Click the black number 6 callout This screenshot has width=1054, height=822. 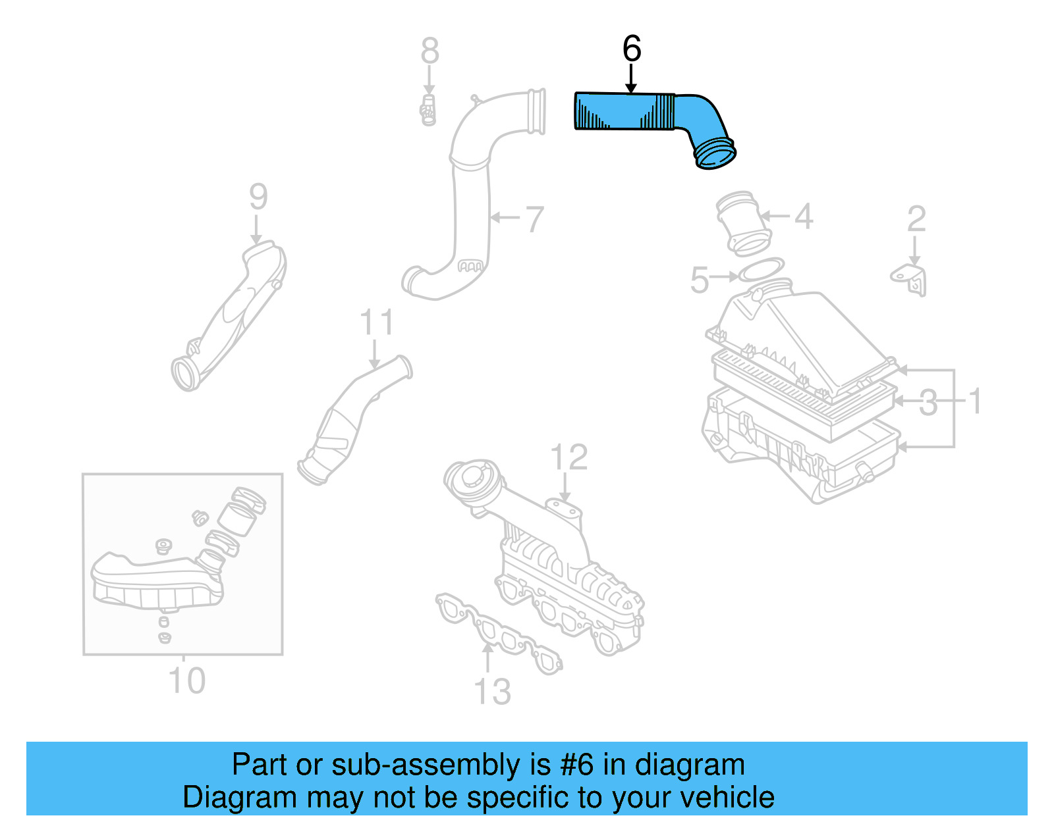pos(631,49)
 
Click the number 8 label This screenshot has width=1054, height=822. pos(430,51)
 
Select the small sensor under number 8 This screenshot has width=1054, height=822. pos(428,111)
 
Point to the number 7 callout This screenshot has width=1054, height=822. pos(534,219)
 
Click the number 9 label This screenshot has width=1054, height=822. pos(258,197)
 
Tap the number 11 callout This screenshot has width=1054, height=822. pos(376,323)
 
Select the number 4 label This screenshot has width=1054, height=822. pos(803,217)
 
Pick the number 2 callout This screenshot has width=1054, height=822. pos(916,219)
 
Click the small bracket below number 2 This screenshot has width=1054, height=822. pos(911,279)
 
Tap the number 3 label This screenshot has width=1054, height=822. pos(928,403)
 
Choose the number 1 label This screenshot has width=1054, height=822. pos(976,401)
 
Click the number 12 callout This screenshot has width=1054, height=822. pos(569,457)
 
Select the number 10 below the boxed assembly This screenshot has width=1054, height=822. pos(186,681)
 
